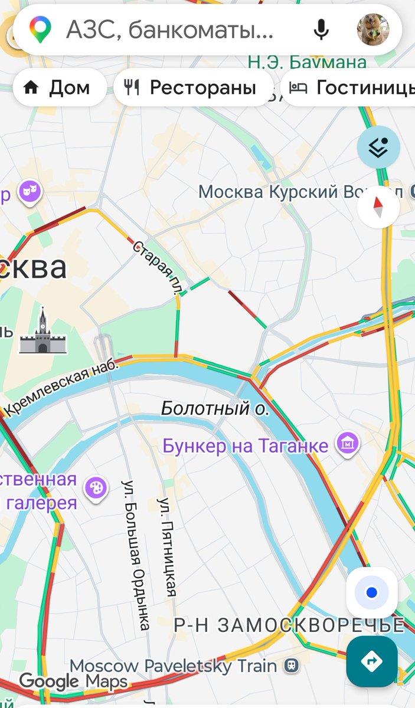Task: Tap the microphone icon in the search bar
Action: point(321,29)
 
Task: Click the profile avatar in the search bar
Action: point(373,29)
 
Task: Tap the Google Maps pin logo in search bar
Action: point(40,29)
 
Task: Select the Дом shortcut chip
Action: point(58,88)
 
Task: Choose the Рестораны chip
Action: point(193,88)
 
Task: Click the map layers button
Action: point(378,147)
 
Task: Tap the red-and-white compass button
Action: point(378,207)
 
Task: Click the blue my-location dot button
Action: point(371,592)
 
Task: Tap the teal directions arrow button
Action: point(371,661)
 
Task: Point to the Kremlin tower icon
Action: point(43,332)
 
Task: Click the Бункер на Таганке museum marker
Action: point(347,444)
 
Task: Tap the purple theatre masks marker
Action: point(29,192)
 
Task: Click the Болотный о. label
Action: point(215,408)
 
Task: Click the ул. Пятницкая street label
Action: point(168,546)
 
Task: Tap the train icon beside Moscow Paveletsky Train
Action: point(290,666)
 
